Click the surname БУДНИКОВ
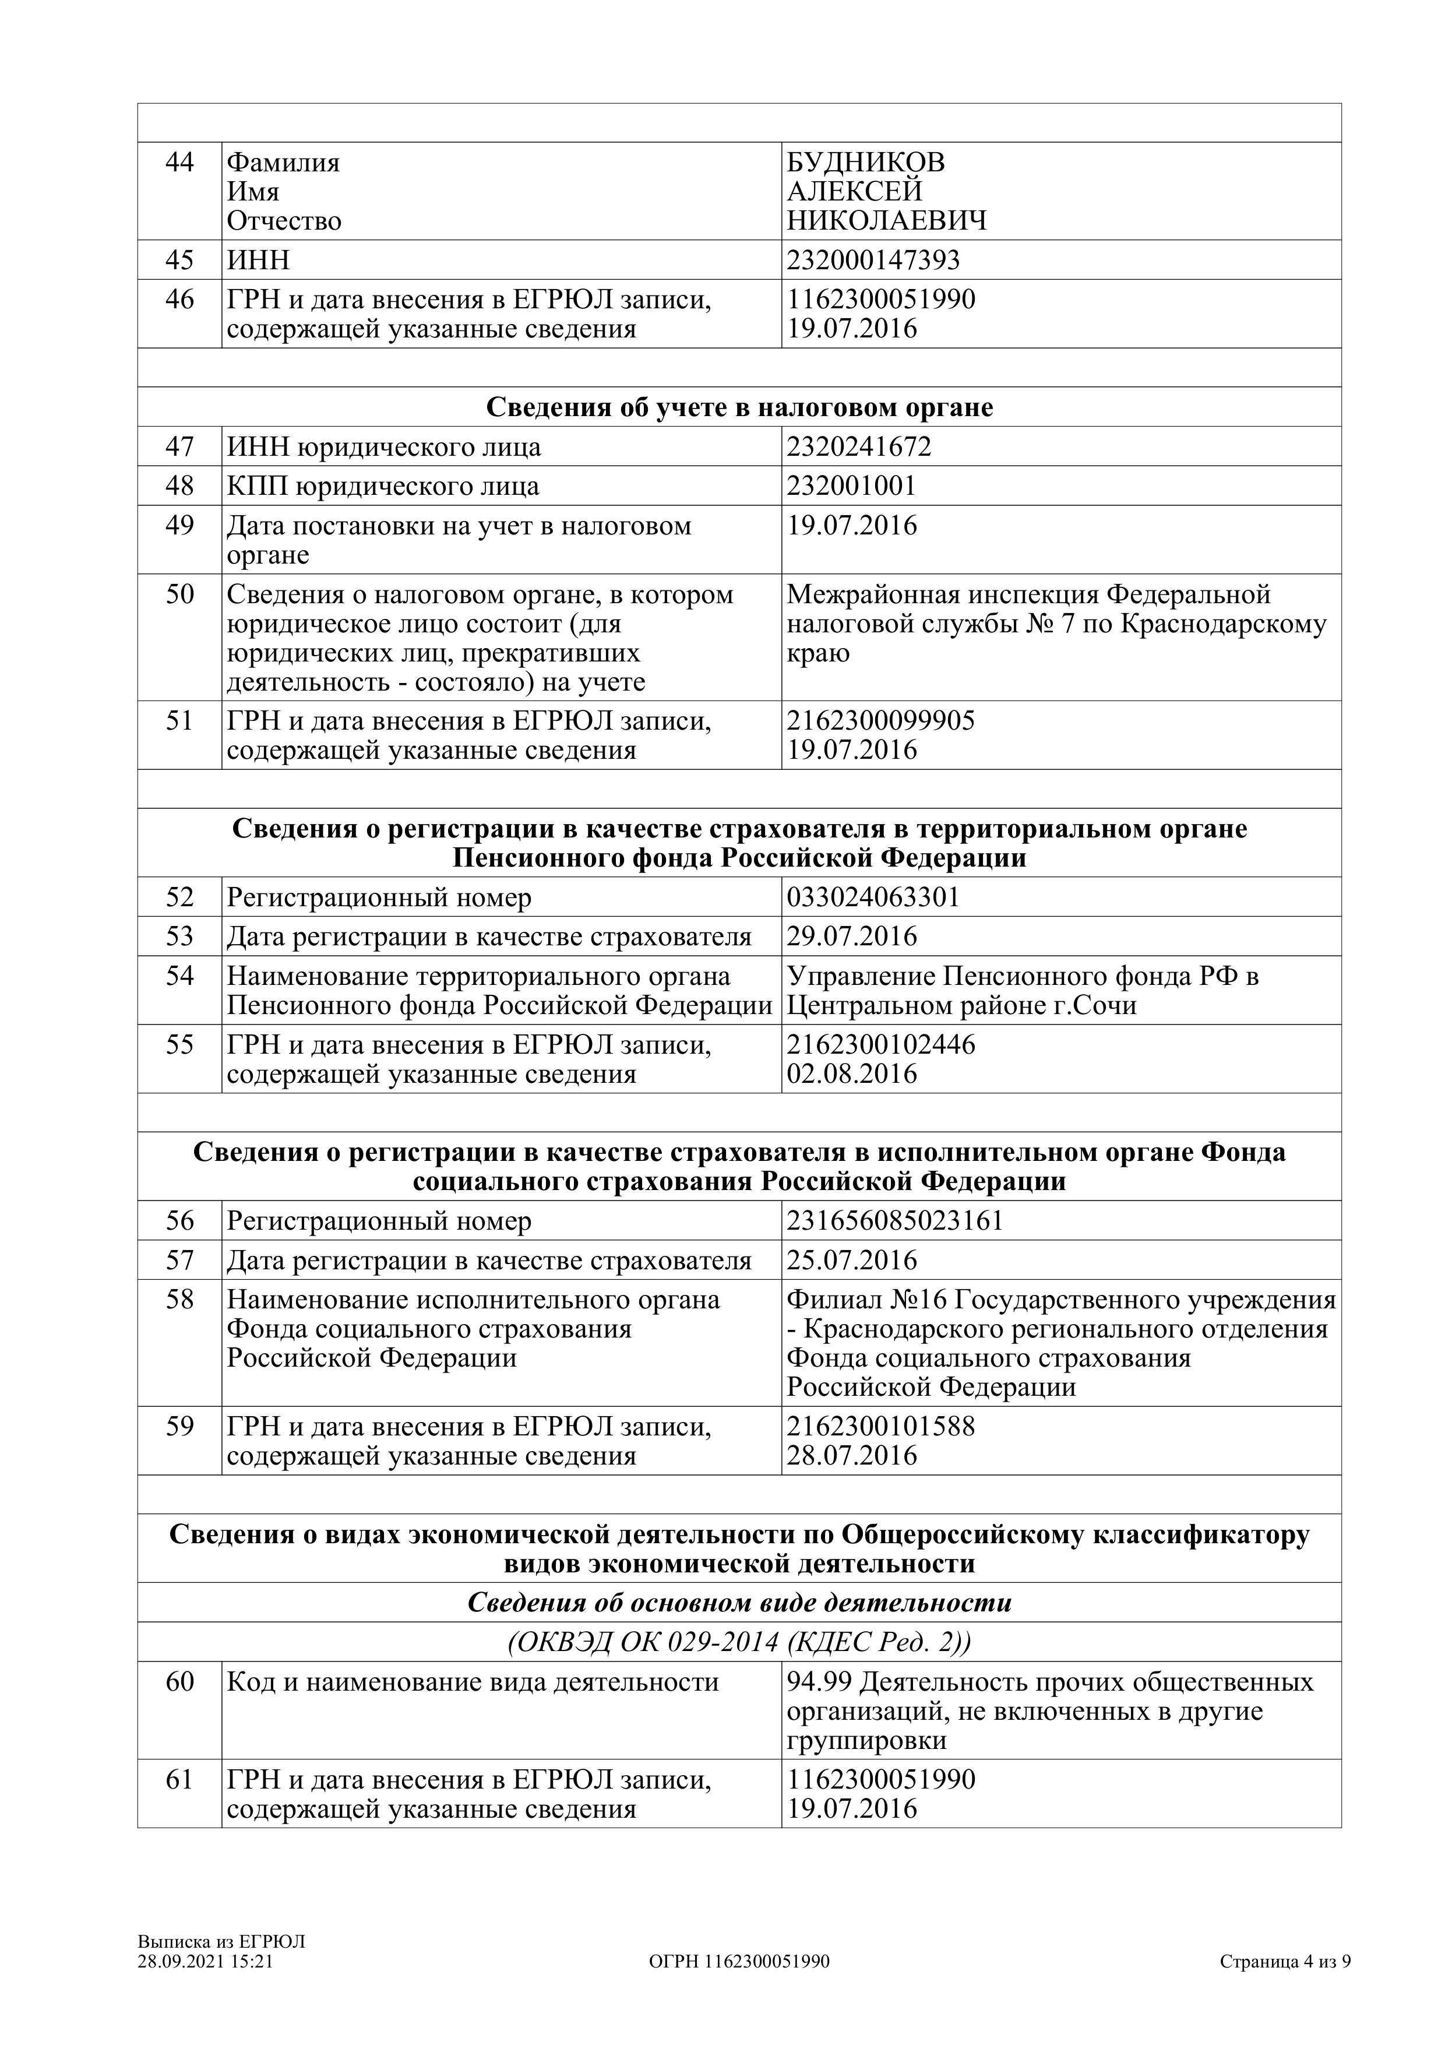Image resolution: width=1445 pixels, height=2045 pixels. (x=865, y=163)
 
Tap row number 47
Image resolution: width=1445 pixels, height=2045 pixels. (x=180, y=446)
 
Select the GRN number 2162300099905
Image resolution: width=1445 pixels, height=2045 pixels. (x=880, y=720)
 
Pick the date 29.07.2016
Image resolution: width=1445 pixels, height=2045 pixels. (x=851, y=937)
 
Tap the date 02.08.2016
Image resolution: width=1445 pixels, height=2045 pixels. (x=851, y=1073)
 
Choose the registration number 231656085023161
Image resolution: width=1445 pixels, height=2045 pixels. (x=895, y=1220)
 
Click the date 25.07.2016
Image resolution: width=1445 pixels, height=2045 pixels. (x=851, y=1261)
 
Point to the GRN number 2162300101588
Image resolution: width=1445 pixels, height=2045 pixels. (x=880, y=1426)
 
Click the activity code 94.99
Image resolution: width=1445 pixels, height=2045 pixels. (x=820, y=1683)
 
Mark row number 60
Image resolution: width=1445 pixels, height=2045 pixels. (x=180, y=1683)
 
